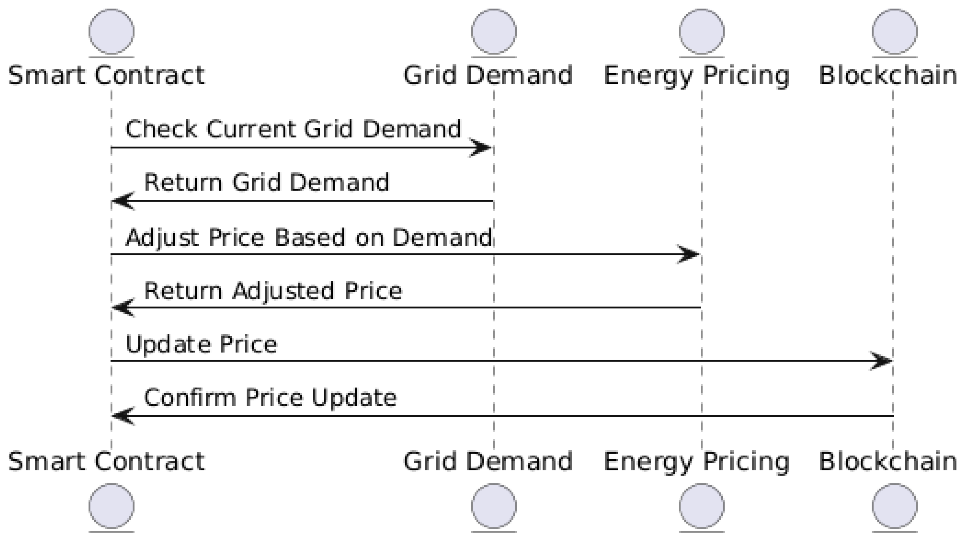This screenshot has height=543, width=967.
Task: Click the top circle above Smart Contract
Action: point(111,32)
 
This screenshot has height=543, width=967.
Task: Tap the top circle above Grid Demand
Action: point(494,32)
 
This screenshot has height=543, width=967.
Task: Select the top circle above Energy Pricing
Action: point(701,32)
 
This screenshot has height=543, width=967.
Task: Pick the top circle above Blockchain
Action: point(895,32)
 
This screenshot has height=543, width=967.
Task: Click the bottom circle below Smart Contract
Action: point(111,506)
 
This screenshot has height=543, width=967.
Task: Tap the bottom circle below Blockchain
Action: point(895,506)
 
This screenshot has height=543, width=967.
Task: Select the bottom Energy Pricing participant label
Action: point(696,462)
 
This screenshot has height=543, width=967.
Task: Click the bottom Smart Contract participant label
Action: point(107,462)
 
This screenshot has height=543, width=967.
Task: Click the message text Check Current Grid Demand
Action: point(293,129)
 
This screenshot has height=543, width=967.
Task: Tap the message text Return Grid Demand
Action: point(267,183)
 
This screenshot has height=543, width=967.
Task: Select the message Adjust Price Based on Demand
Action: point(309,237)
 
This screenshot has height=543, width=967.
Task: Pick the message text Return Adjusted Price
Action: point(273,291)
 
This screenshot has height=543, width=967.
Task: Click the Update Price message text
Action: point(201,345)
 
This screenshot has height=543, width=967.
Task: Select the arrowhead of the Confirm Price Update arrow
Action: point(123,416)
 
